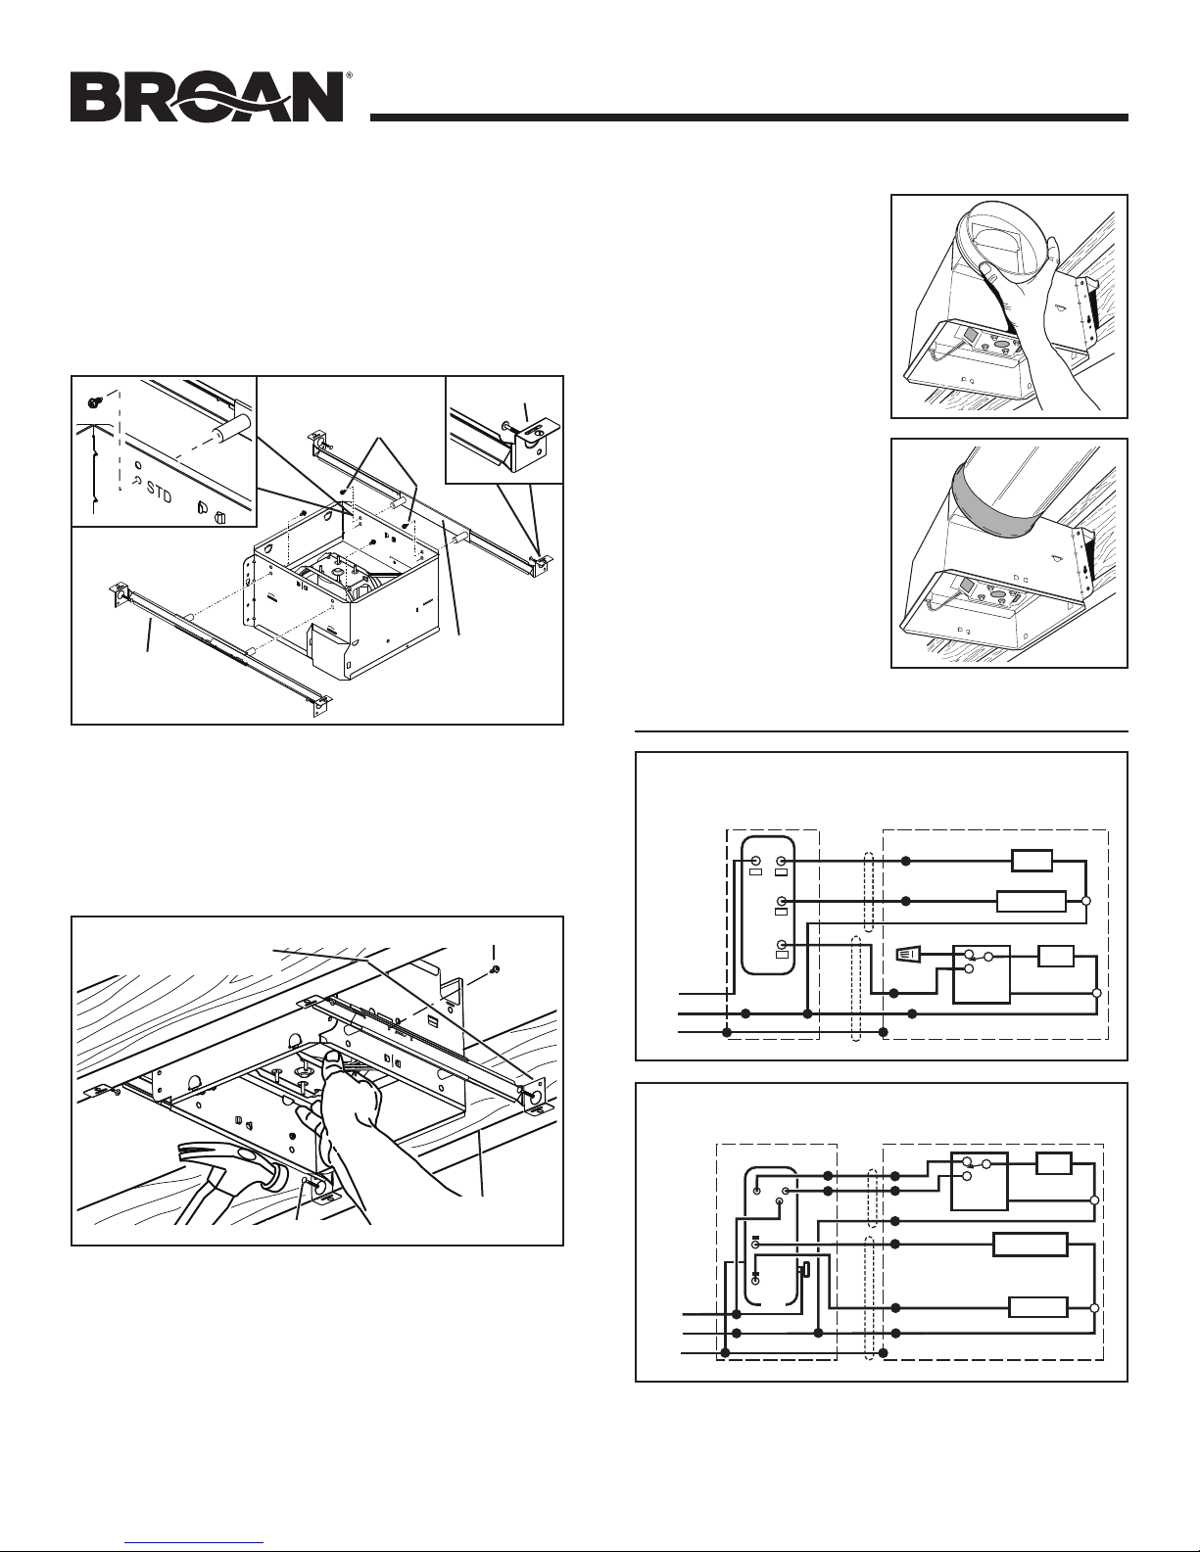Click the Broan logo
tap(207, 96)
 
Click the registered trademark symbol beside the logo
tap(349, 74)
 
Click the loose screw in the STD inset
tap(93, 402)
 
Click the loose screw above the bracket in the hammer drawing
tap(495, 968)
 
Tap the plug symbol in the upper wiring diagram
tap(908, 953)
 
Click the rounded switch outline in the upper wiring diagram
tap(768, 905)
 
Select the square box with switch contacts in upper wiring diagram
tap(982, 974)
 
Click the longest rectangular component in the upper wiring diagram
tap(1032, 902)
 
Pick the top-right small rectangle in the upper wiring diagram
tap(1032, 861)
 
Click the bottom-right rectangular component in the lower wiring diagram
tap(1037, 1308)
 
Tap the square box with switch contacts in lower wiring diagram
tap(980, 1181)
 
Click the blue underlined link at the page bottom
tap(199, 1543)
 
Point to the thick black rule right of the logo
tap(749, 118)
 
